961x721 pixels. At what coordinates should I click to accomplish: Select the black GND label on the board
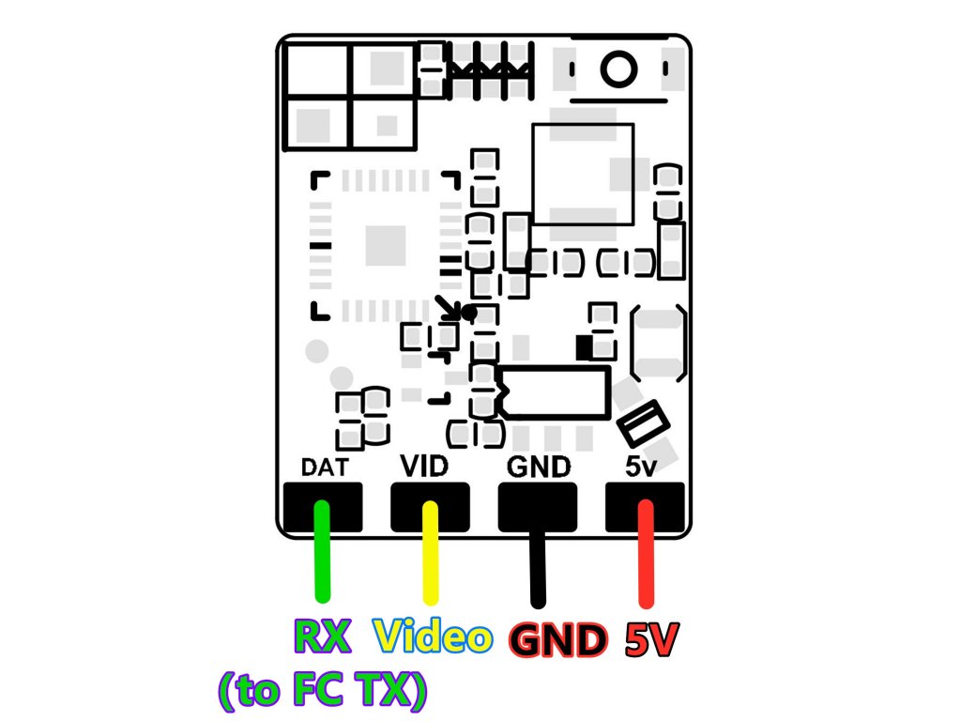coord(538,467)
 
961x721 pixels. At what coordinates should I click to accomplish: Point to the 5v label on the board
coord(645,466)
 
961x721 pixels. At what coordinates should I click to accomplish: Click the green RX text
coord(323,637)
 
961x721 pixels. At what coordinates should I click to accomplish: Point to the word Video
coord(433,637)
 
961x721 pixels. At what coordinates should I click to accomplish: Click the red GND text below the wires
coord(557,641)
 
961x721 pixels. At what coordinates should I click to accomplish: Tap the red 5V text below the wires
coord(650,640)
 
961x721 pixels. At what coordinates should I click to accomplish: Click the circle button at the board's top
coord(618,69)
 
